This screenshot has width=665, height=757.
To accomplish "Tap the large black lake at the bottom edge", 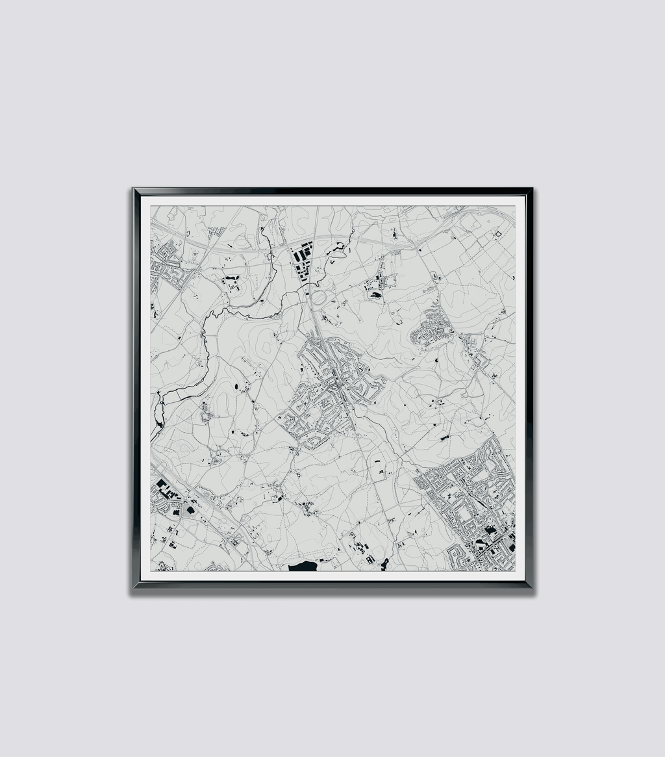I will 303,567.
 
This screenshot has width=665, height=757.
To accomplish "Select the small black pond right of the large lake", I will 384,563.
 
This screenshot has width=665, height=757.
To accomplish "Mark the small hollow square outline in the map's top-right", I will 499,234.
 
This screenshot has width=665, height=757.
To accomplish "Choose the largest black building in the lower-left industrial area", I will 161,483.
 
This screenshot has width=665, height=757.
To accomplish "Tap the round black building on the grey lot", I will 190,511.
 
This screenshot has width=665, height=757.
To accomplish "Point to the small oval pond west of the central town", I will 236,388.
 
